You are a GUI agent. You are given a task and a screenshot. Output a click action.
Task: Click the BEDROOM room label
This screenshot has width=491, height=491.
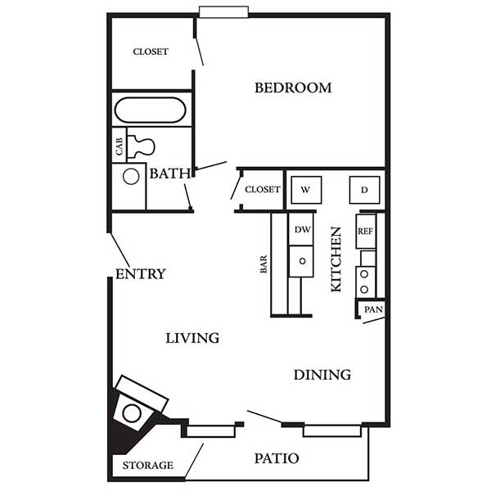click(x=293, y=88)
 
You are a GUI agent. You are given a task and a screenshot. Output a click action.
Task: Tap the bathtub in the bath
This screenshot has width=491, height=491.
click(x=151, y=110)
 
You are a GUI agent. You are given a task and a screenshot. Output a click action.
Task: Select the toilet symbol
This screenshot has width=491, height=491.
click(x=142, y=146)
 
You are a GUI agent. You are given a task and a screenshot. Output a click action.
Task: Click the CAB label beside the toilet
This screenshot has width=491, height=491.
click(x=119, y=146)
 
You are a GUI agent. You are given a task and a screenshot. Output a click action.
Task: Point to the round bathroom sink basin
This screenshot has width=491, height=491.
click(x=131, y=177)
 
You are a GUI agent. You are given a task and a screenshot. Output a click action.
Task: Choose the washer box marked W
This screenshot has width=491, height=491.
click(x=306, y=190)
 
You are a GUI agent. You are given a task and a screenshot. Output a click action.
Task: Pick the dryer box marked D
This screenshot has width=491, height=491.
click(x=364, y=190)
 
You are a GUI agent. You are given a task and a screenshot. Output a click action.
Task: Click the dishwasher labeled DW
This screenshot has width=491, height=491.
click(x=301, y=229)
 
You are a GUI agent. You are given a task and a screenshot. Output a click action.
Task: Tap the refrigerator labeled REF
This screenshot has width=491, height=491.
click(x=366, y=232)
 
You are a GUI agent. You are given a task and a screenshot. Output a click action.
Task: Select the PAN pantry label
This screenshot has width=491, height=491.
click(x=374, y=309)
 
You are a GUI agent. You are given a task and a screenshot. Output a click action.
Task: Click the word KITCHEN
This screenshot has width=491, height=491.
click(x=336, y=259)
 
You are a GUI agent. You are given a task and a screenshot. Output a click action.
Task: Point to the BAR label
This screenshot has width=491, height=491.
click(x=264, y=264)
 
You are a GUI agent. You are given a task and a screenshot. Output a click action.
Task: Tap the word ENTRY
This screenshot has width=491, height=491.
click(x=141, y=274)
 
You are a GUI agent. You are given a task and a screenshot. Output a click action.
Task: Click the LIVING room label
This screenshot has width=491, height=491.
click(x=192, y=338)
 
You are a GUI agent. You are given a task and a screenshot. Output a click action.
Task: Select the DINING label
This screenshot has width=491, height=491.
click(x=322, y=375)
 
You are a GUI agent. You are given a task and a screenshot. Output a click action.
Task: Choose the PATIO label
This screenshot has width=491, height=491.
click(x=277, y=458)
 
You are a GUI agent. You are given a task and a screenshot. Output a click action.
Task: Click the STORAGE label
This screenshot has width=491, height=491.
click(x=148, y=466)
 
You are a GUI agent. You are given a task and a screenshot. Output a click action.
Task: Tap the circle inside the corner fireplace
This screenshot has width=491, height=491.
click(x=132, y=413)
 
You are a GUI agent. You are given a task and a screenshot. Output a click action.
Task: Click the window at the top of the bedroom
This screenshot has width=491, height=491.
click(x=223, y=12)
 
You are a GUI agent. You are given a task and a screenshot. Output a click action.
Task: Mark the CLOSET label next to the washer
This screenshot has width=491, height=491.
click(x=263, y=190)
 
